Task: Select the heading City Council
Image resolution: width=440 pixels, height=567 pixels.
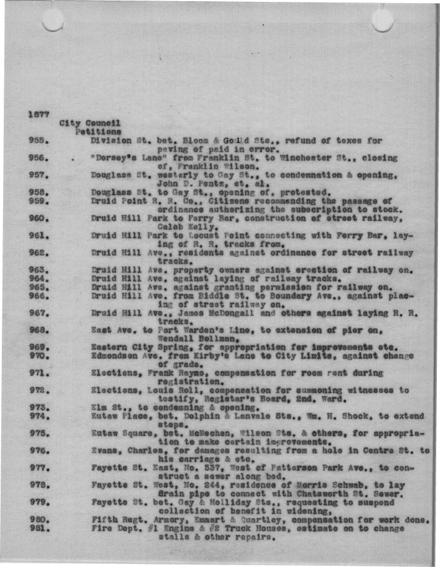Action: (x=90, y=123)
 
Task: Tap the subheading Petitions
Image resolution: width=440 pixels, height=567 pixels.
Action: (x=99, y=132)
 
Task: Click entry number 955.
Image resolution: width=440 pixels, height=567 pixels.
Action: (x=39, y=141)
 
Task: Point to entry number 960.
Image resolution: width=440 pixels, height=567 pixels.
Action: (x=39, y=218)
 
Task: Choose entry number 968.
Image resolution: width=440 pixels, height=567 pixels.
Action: (x=39, y=329)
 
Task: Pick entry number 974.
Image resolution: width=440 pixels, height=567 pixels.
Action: (x=39, y=415)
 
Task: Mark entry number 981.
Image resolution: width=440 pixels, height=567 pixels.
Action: (x=39, y=528)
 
